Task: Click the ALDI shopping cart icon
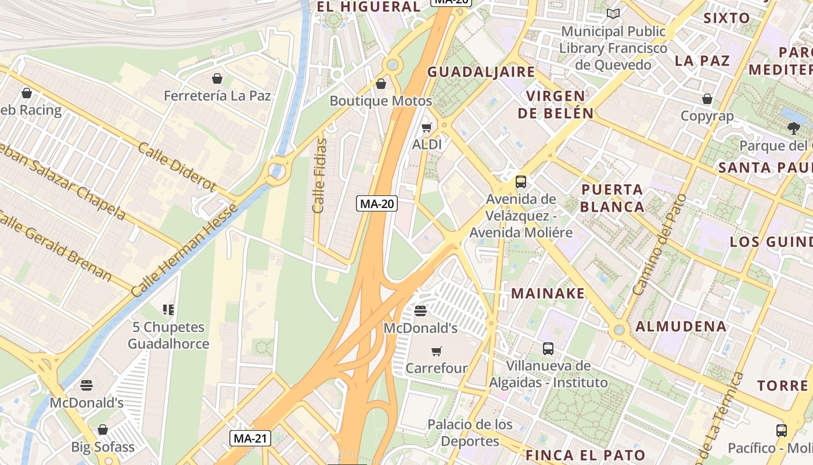(427, 127)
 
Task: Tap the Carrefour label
(437, 368)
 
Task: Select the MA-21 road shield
(250, 438)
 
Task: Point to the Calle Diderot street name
(177, 166)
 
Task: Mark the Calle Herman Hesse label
(185, 250)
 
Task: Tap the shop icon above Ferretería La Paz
(217, 78)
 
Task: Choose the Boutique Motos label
(381, 101)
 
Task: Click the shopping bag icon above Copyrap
(707, 99)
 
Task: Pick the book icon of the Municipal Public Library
(613, 13)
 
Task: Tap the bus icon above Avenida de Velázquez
(521, 182)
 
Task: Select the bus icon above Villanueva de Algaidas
(548, 349)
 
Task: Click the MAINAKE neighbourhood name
(548, 293)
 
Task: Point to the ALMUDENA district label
(681, 326)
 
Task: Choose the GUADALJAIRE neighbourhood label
(481, 72)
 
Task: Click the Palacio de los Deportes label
(470, 432)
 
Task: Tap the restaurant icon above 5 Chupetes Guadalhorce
(168, 310)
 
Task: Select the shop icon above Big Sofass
(103, 430)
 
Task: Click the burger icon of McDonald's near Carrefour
(421, 312)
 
